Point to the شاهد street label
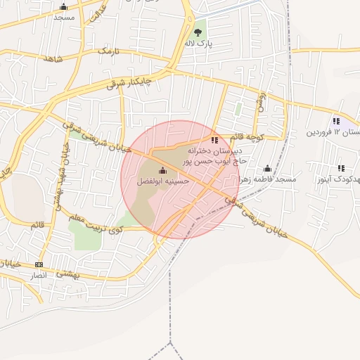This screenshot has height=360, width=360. [x=53, y=60]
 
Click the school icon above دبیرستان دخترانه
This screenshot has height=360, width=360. [x=214, y=140]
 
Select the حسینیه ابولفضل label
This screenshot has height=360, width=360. [x=162, y=181]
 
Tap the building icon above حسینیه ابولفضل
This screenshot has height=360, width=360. [x=162, y=170]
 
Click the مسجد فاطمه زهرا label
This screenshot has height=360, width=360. [x=267, y=179]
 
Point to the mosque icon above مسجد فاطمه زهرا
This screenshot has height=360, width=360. [x=267, y=169]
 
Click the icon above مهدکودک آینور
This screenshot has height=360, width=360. [x=341, y=169]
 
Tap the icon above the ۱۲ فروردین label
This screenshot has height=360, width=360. [x=337, y=121]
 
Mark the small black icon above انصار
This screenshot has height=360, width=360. [x=39, y=265]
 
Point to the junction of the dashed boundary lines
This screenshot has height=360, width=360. [x=170, y=342]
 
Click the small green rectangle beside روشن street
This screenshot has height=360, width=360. [x=238, y=110]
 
